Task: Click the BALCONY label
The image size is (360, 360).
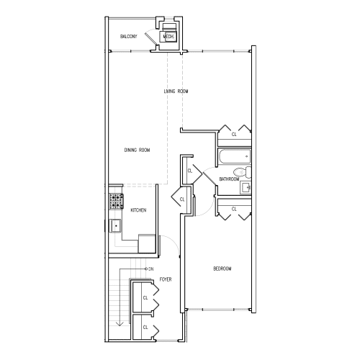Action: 129,36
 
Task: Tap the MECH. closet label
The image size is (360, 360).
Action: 168,36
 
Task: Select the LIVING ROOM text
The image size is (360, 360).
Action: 176,91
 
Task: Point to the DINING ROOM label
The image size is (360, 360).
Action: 137,150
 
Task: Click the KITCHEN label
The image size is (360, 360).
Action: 138,210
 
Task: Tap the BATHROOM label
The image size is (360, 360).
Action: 229,179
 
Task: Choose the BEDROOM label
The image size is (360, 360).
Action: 222,269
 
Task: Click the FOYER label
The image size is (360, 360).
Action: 165,279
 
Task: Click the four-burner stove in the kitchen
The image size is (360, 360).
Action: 115,201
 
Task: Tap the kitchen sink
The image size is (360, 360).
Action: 115,226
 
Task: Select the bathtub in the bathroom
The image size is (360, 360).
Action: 233,156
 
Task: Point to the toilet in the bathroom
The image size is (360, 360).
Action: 246,171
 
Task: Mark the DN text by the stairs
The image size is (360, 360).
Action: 150,269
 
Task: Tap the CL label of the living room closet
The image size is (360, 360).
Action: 233,134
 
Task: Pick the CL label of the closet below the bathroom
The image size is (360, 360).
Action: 233,209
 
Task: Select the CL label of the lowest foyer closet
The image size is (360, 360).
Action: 145,327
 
